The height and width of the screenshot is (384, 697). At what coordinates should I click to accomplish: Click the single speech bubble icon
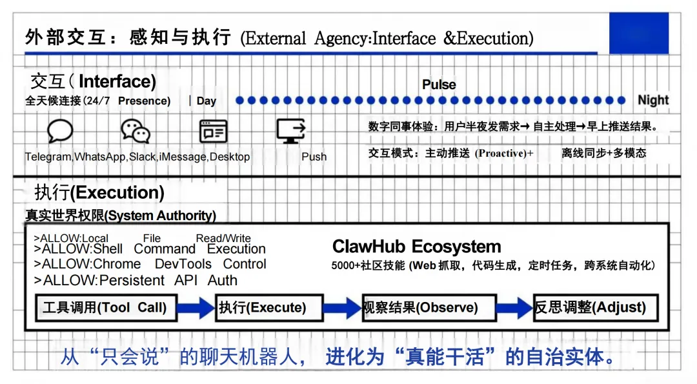(60, 131)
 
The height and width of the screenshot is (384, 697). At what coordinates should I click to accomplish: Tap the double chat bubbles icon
(136, 131)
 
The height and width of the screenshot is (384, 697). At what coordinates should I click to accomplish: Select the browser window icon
(213, 131)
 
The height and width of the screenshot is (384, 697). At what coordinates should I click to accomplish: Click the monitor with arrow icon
(290, 130)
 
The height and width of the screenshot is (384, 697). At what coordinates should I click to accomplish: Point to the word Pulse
(439, 85)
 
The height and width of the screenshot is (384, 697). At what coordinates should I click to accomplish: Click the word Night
(652, 100)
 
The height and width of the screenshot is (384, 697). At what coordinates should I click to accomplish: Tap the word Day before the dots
(207, 101)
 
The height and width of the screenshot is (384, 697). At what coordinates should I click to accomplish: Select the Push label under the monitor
(314, 157)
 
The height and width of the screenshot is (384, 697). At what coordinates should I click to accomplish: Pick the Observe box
(429, 308)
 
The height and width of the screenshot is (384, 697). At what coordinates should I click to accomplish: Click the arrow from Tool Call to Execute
(196, 308)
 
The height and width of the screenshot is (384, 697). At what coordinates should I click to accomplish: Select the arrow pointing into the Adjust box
(515, 308)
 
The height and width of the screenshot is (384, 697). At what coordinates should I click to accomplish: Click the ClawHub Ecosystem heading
(416, 247)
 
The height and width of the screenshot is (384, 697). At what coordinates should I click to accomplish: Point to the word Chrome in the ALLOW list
(117, 264)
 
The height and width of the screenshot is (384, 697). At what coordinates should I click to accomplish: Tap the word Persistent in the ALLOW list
(132, 280)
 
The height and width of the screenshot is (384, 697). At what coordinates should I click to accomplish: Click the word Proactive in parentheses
(501, 153)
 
